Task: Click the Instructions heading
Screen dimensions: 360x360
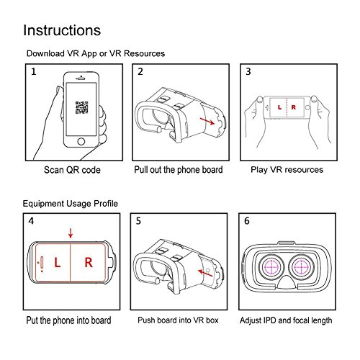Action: click(x=62, y=30)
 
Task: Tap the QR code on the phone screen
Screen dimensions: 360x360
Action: click(x=81, y=107)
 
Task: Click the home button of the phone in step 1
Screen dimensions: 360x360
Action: click(x=81, y=141)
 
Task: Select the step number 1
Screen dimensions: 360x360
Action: click(x=34, y=71)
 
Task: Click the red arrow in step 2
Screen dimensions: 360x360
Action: click(x=207, y=121)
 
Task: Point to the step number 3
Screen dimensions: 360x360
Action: click(x=248, y=71)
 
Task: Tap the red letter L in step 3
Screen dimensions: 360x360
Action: click(x=279, y=107)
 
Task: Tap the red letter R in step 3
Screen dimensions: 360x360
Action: click(x=293, y=107)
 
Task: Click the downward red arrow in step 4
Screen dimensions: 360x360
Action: click(x=71, y=233)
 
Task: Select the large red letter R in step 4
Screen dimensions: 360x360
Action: click(x=89, y=263)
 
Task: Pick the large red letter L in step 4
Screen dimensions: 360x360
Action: click(x=57, y=263)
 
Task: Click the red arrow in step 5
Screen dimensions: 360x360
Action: click(x=205, y=273)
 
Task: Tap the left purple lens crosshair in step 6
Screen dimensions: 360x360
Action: click(x=271, y=267)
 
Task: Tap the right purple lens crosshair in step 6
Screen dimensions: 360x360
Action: click(x=301, y=267)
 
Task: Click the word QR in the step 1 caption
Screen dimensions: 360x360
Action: click(x=71, y=170)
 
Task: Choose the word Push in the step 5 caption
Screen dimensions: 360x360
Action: click(x=146, y=320)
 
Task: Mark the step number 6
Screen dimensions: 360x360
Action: click(x=247, y=221)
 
